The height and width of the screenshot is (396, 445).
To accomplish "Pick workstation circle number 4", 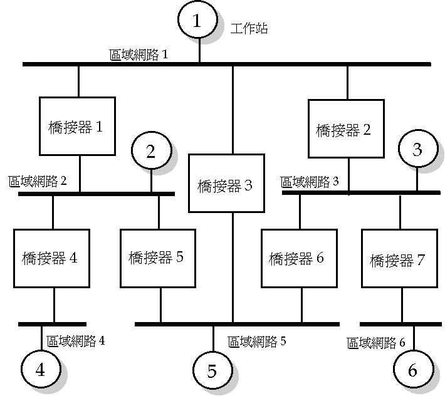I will point(40,370).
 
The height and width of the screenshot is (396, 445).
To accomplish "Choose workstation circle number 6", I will point(412,370).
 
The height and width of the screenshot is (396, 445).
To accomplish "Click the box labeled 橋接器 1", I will point(78,126).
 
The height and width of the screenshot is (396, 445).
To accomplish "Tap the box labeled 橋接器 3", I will point(224,184).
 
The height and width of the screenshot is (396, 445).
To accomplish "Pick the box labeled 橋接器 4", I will point(51,258).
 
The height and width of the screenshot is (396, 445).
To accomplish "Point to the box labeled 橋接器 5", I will point(157,258).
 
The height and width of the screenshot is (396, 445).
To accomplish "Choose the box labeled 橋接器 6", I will point(296,258).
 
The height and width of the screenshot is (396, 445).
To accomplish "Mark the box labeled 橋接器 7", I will point(399,259).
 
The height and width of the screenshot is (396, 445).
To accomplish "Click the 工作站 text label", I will point(249,29).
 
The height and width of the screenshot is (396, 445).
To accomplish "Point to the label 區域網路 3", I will point(310,182).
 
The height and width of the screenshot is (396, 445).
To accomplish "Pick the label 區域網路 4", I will point(76,341).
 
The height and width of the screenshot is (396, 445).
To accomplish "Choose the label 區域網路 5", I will point(257,341).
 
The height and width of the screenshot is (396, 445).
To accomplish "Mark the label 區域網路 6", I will point(376,342).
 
